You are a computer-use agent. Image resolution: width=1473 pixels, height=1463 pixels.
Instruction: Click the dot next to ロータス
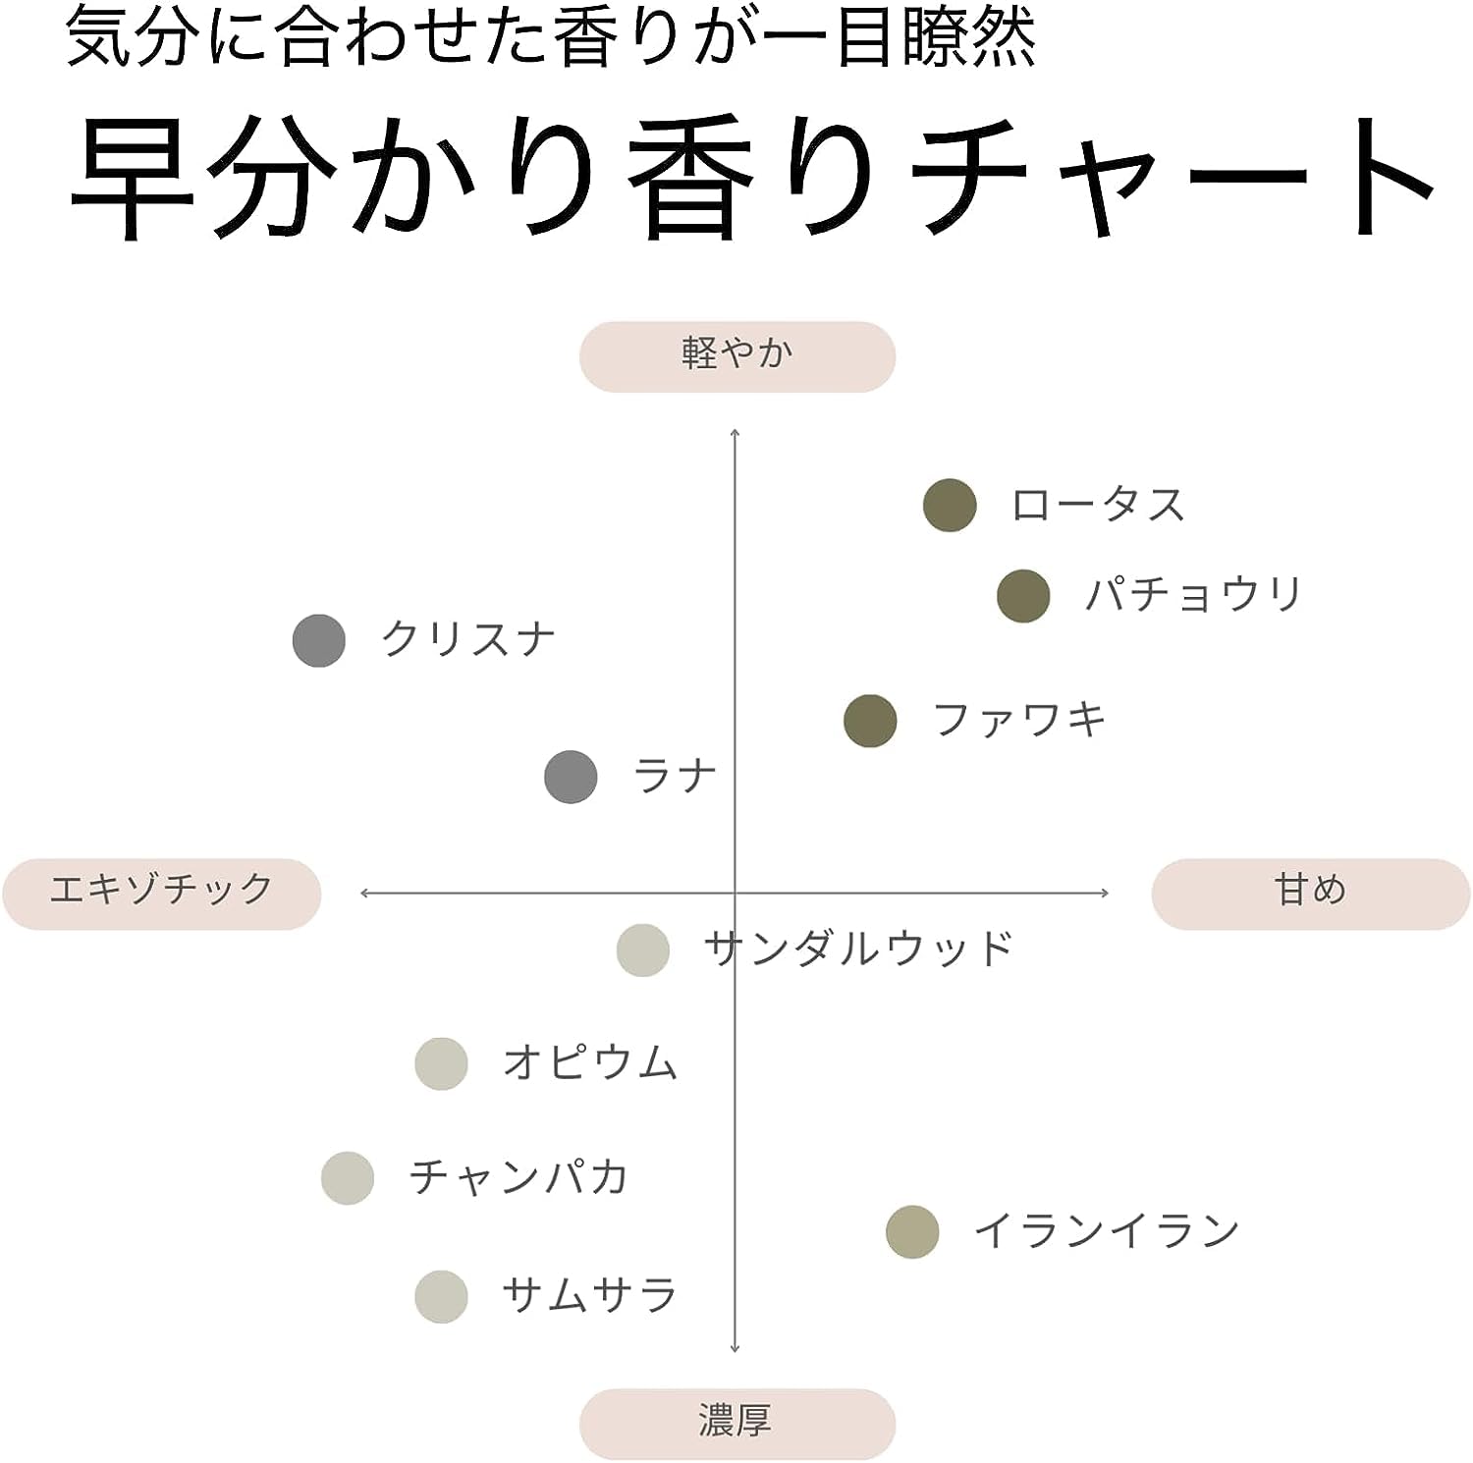click(x=950, y=506)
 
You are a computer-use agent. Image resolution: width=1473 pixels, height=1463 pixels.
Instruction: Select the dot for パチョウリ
click(x=1023, y=596)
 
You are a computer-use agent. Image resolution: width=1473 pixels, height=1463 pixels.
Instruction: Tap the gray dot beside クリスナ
click(x=319, y=641)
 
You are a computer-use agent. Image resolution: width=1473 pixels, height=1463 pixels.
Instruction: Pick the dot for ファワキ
click(x=870, y=721)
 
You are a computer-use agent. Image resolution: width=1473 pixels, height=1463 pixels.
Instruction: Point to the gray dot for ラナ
click(x=571, y=777)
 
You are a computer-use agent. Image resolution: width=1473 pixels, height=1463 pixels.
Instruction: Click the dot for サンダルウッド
click(x=643, y=950)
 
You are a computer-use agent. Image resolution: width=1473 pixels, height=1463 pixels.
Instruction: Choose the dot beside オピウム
click(x=441, y=1063)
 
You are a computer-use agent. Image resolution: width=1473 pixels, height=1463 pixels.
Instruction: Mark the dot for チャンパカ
click(x=348, y=1177)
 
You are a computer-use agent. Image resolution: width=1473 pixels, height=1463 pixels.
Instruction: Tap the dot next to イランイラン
click(x=912, y=1232)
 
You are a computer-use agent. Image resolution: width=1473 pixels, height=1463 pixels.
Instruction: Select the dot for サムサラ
click(x=441, y=1296)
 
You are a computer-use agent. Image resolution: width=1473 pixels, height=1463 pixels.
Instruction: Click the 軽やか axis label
click(x=736, y=355)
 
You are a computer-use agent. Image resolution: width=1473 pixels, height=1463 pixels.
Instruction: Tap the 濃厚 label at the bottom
click(x=736, y=1423)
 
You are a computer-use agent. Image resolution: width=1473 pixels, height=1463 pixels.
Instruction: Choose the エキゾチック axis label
click(x=161, y=892)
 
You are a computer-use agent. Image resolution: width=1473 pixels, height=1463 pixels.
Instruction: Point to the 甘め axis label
click(x=1310, y=892)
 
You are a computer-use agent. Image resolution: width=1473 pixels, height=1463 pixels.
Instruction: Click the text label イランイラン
click(x=1107, y=1231)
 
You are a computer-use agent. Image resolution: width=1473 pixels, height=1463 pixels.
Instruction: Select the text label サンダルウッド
click(x=858, y=949)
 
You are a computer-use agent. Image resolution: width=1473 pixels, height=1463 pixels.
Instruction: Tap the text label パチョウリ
click(x=1194, y=595)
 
